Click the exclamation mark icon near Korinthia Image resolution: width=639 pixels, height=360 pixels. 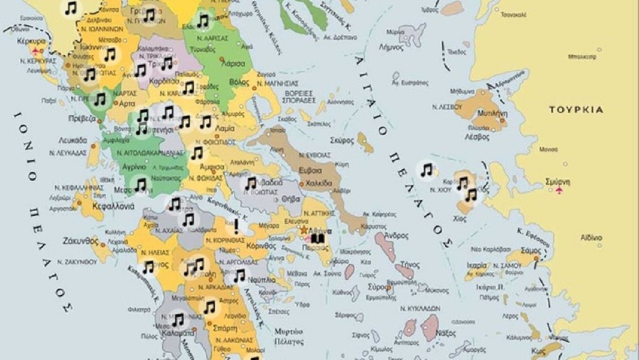[236, 226]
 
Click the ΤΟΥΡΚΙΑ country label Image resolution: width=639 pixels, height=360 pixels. [576, 110]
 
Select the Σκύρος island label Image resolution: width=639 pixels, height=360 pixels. [342, 140]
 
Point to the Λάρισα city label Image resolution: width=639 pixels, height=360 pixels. [233, 62]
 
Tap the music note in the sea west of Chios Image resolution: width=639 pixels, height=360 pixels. [427, 170]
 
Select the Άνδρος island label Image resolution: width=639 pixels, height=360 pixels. [397, 235]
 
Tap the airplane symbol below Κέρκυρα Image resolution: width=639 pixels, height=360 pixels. [40, 50]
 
